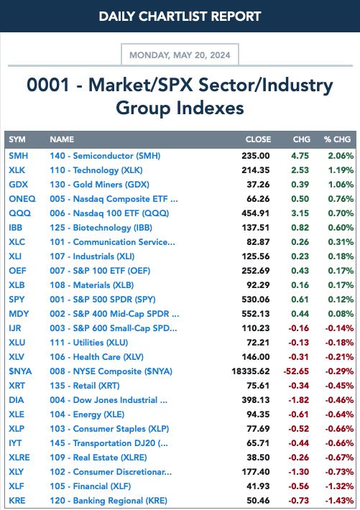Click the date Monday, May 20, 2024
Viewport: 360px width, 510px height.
(x=180, y=55)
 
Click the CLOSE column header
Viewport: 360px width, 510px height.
(x=258, y=139)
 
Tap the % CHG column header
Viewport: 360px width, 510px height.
(x=337, y=139)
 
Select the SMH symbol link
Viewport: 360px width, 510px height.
(x=18, y=156)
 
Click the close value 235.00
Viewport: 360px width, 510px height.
(x=256, y=156)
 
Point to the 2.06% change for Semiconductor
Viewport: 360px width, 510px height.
(x=341, y=156)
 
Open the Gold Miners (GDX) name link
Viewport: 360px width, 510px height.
(x=99, y=185)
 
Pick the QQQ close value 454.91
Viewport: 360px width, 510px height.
(x=256, y=213)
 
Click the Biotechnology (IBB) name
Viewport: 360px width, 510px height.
(x=101, y=228)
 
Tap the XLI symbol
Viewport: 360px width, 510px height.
(x=15, y=256)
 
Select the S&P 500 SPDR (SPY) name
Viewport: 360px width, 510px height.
(x=103, y=300)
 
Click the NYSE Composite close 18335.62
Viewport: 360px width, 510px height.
(x=251, y=371)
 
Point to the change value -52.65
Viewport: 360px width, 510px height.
(x=296, y=371)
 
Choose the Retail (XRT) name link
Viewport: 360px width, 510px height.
(x=85, y=386)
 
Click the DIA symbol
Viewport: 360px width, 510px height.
(x=16, y=400)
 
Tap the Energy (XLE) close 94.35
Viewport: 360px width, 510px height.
(x=258, y=414)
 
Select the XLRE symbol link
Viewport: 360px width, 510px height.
(x=19, y=458)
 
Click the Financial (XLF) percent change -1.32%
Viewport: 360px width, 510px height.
(x=339, y=486)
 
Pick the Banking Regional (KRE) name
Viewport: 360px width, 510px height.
(x=109, y=501)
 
